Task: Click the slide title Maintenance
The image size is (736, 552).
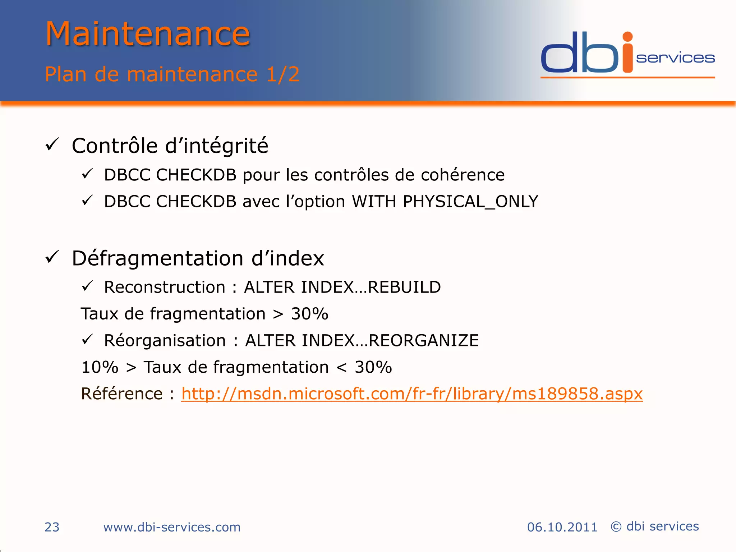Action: [147, 34]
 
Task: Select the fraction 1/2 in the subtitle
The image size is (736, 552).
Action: [283, 74]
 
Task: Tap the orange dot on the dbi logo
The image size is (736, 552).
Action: [627, 37]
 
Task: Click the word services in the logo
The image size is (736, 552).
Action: [675, 58]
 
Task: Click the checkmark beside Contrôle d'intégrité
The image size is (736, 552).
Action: [52, 145]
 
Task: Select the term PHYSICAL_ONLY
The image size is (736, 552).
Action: [470, 201]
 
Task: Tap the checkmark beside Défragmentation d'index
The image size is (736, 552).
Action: [52, 257]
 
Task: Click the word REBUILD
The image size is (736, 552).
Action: [404, 287]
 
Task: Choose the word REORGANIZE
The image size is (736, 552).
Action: [424, 340]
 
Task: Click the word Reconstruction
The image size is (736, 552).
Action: [165, 287]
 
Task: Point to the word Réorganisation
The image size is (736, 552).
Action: [165, 340]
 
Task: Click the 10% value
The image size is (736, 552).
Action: [100, 367]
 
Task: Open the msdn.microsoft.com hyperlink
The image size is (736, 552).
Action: [411, 394]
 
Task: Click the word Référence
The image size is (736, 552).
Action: [122, 394]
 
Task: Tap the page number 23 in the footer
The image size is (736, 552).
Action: [52, 527]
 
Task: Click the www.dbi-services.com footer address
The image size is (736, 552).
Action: [172, 527]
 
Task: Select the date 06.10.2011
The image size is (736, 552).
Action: [562, 527]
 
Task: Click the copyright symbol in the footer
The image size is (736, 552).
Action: [616, 526]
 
